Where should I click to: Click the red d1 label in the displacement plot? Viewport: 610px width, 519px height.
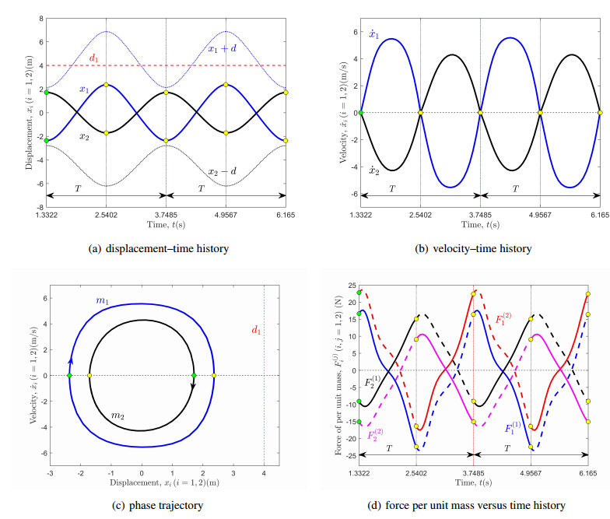point(94,58)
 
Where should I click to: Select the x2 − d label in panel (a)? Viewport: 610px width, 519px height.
point(223,171)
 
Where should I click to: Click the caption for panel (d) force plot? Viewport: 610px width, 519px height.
point(465,506)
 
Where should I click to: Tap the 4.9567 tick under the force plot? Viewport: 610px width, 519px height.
point(531,472)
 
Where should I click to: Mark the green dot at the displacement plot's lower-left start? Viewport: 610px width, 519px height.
point(47,140)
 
